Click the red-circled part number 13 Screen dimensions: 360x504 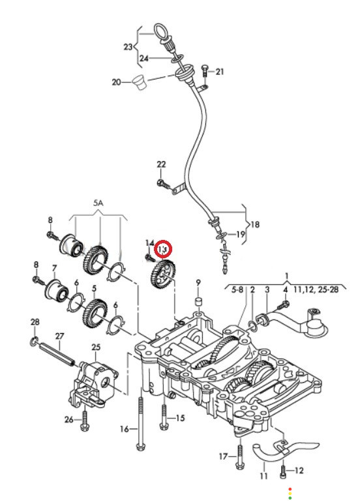(x=163, y=249)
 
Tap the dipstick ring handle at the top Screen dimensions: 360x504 (x=160, y=31)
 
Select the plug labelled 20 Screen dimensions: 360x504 (x=139, y=83)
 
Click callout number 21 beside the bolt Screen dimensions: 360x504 (x=220, y=71)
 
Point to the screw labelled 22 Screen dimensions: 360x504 (x=163, y=184)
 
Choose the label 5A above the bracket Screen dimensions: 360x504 (x=98, y=203)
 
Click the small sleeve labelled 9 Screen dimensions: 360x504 (x=198, y=302)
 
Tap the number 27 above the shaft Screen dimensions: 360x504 (x=60, y=336)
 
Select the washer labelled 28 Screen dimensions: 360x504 (x=34, y=342)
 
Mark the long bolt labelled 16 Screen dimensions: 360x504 (x=140, y=424)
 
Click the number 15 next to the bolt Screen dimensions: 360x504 (x=180, y=418)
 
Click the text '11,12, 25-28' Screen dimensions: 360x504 (x=316, y=289)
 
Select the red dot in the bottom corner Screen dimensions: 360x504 (x=290, y=488)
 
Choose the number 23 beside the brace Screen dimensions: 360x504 (x=128, y=47)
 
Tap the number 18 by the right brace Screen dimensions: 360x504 (x=255, y=224)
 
